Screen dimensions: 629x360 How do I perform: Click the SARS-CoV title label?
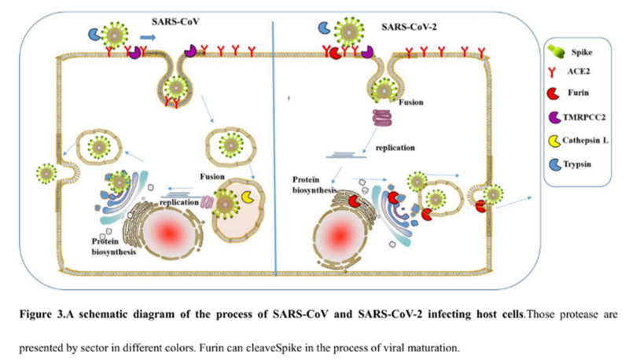pos(175,22)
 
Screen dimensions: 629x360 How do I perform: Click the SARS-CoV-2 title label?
pos(409,28)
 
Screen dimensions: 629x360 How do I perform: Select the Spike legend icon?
pos(556,51)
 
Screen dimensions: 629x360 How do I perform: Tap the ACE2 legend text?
pos(578,72)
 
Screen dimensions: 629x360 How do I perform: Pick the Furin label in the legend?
pos(578,93)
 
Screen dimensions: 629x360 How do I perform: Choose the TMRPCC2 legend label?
pos(584,117)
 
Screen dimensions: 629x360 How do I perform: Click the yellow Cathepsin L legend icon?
pos(554,141)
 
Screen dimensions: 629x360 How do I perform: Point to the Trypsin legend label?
pos(577,164)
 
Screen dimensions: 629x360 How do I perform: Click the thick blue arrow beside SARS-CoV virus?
pos(148,38)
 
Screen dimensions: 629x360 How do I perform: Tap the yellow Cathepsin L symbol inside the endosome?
pos(248,197)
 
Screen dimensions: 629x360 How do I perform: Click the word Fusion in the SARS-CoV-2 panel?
pos(410,102)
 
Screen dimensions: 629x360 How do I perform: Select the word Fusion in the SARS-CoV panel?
pos(212,176)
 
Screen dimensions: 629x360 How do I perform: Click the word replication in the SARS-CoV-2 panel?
pos(395,148)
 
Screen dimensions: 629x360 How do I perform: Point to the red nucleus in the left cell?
pos(169,232)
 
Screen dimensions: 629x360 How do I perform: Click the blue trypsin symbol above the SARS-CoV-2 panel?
pos(324,28)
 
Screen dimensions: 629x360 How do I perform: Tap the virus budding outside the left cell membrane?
pos(46,174)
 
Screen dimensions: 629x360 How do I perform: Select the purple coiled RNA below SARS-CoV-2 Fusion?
pos(382,118)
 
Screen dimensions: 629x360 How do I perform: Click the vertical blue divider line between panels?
pos(274,149)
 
